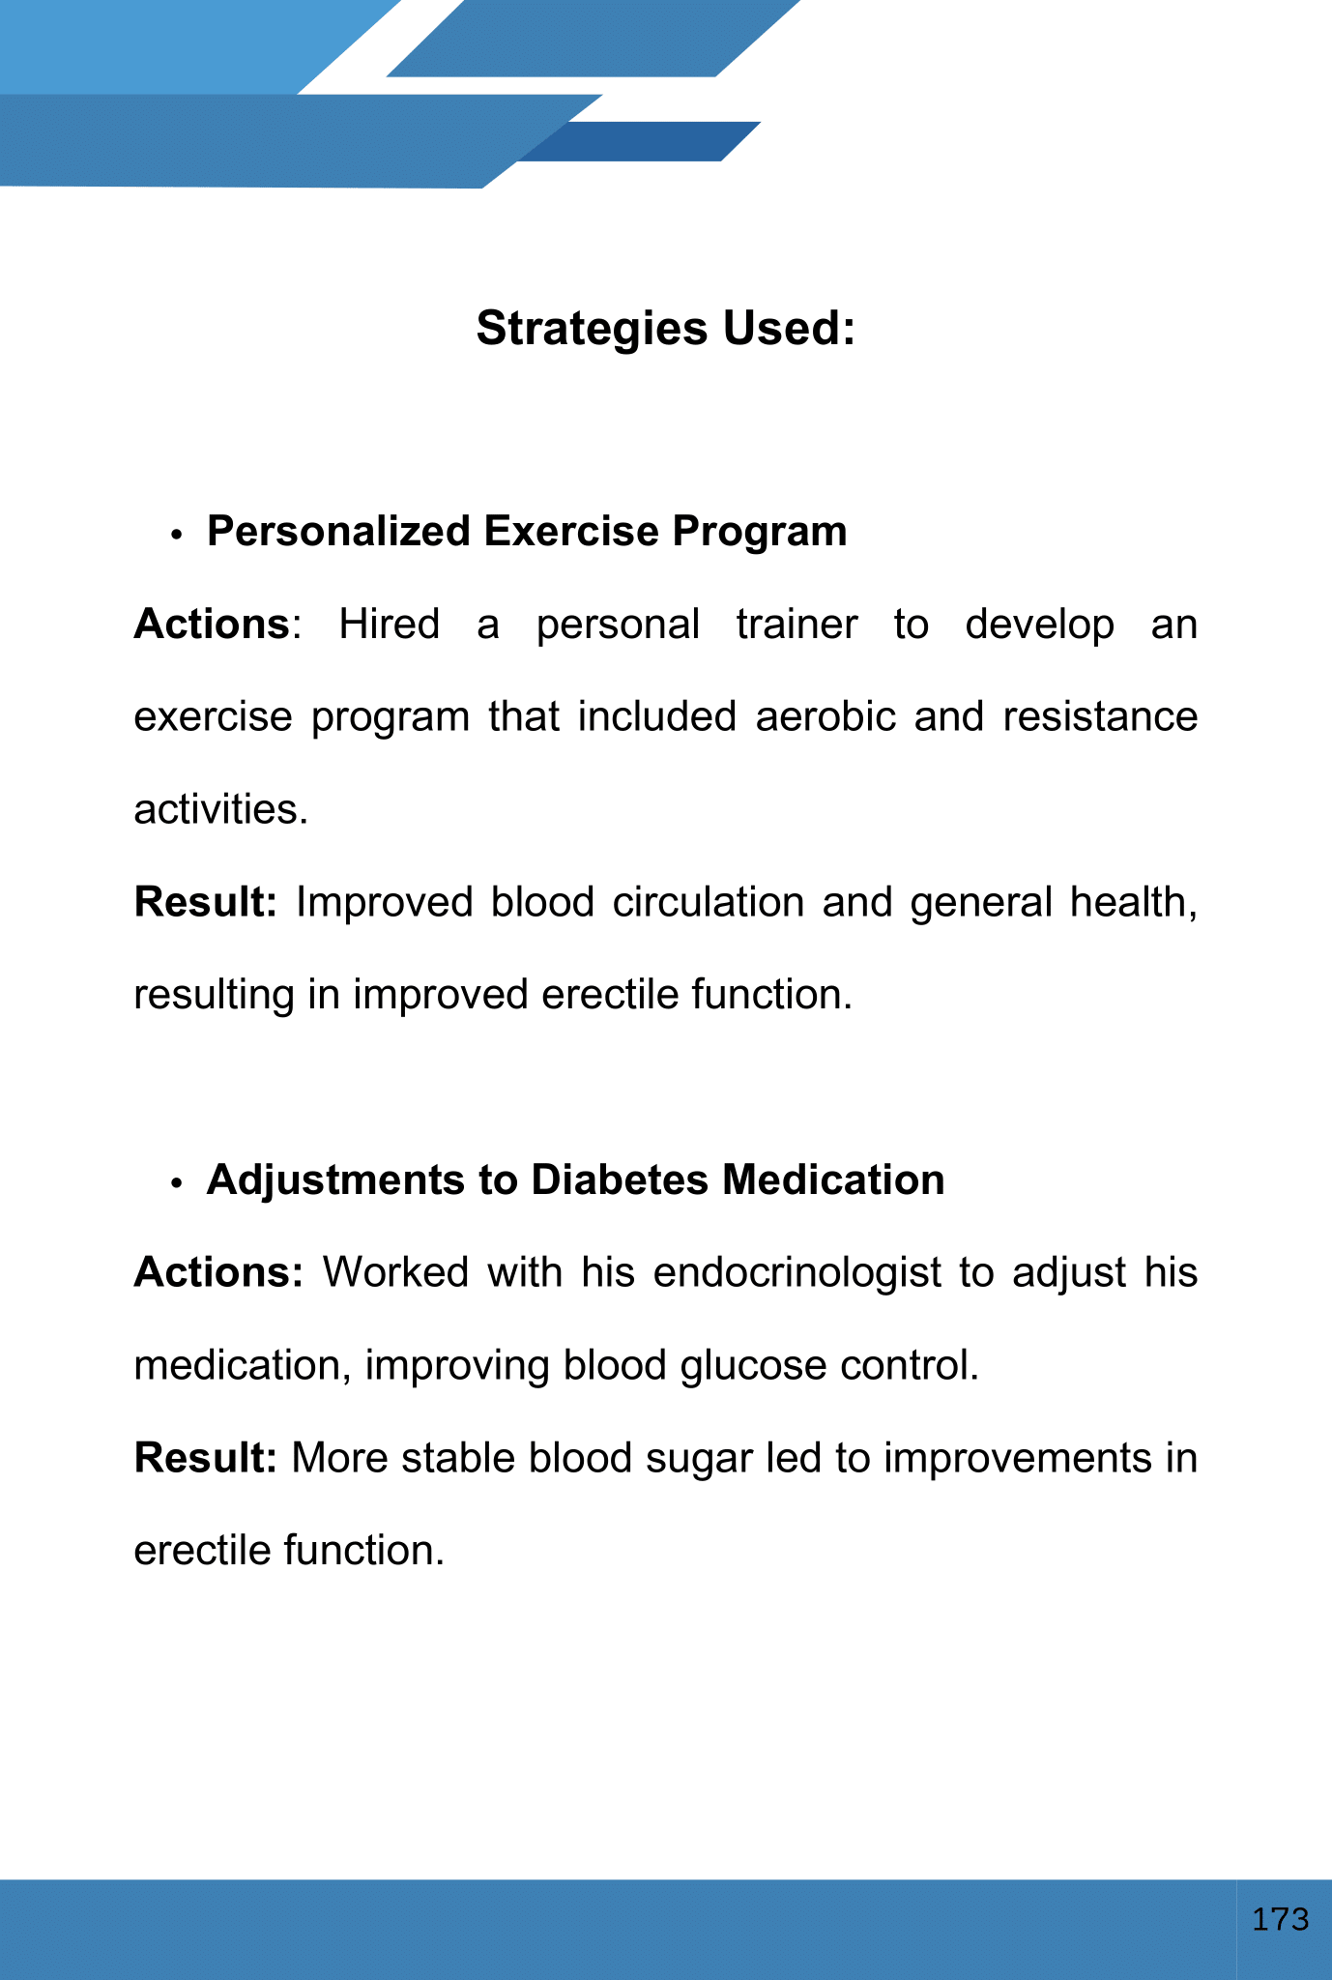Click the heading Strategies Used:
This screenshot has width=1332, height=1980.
665,329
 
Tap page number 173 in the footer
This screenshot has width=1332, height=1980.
1280,1919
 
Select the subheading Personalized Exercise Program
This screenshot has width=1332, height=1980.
527,532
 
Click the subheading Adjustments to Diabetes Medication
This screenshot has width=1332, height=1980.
575,1180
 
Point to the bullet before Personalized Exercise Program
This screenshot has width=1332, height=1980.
176,535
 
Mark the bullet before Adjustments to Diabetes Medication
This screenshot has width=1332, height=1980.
176,1183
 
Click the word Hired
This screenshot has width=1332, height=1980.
389,625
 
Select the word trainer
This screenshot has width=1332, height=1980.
796,625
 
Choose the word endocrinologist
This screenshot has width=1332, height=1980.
796,1273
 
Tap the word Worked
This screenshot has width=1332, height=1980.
395,1273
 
